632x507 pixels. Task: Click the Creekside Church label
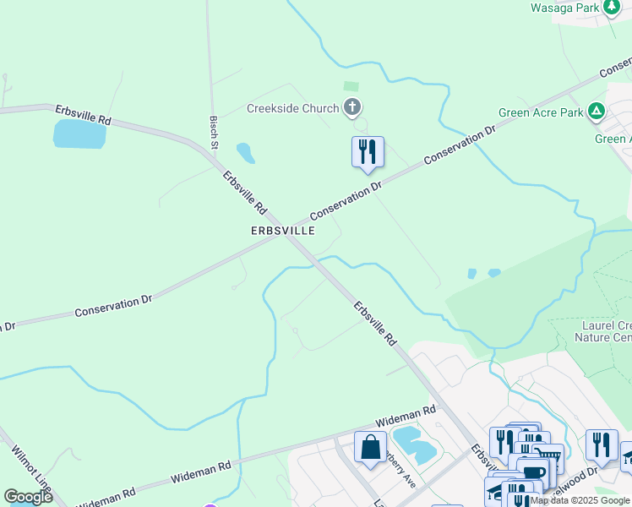[x=292, y=108]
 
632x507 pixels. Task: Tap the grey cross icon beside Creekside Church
[x=353, y=107]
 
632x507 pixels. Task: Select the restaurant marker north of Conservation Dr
[x=368, y=152]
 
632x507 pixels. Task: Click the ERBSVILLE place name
[x=283, y=230]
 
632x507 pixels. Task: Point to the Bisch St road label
[x=215, y=129]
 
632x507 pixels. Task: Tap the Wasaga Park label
[x=564, y=8]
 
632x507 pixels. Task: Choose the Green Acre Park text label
[x=542, y=112]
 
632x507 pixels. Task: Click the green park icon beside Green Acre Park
[x=597, y=111]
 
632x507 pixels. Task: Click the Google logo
[x=28, y=497]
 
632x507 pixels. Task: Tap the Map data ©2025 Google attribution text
[x=580, y=500]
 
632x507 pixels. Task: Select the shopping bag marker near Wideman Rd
[x=370, y=447]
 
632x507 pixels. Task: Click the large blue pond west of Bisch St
[x=79, y=134]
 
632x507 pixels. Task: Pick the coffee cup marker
[x=532, y=472]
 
